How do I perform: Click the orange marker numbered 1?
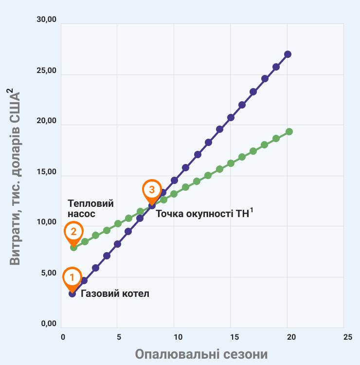72,277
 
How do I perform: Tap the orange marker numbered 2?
73,232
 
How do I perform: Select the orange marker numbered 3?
151,189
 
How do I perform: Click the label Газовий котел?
115,294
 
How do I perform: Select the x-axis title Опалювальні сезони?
201,353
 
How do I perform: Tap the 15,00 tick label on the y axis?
47,172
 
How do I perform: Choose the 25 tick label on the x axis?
347,337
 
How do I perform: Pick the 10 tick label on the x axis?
178,337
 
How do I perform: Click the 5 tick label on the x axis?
119,337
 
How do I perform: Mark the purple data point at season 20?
288,54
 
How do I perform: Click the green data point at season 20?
289,131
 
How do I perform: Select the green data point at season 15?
231,163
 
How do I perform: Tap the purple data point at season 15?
231,117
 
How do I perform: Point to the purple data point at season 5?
117,244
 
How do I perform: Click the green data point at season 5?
118,223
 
